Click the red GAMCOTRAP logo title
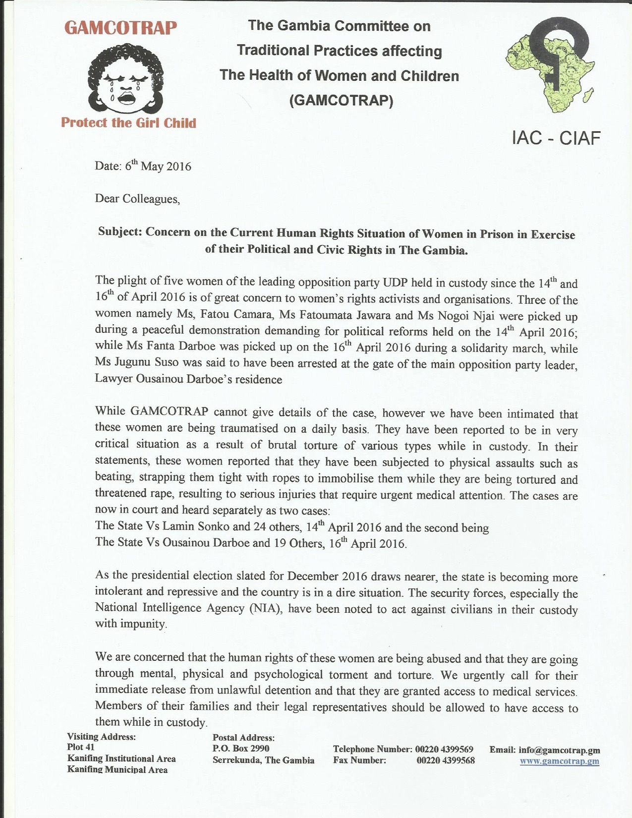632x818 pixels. point(120,28)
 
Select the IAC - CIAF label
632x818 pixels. point(556,138)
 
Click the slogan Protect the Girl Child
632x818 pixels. point(128,123)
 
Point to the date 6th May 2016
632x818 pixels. point(158,166)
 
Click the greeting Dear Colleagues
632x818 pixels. point(137,199)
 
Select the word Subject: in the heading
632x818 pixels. point(120,232)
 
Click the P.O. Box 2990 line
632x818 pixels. point(241,749)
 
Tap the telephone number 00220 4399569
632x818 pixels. point(444,749)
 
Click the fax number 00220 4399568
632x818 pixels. point(445,760)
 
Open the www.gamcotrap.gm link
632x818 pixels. point(559,761)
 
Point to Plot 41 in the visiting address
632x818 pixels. point(81,747)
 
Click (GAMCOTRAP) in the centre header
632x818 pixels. point(341,101)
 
